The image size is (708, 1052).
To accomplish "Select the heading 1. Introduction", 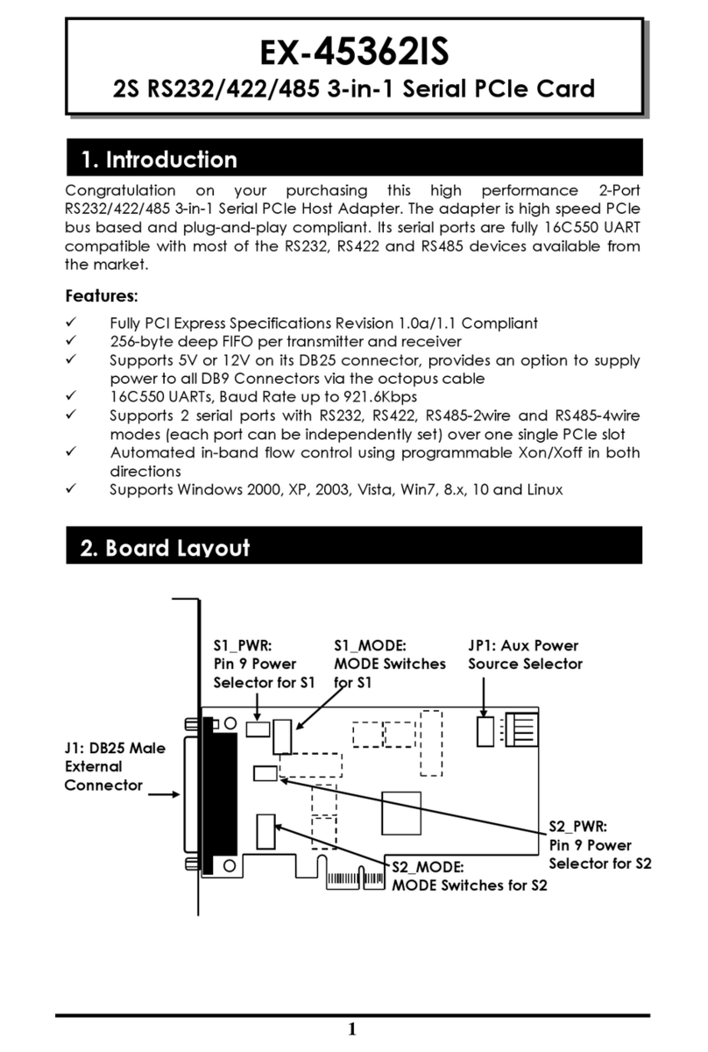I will (159, 160).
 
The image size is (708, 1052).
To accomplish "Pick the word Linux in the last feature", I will (542, 489).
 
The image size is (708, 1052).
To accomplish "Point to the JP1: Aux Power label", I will (523, 646).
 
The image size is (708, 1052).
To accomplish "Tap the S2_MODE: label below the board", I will (428, 866).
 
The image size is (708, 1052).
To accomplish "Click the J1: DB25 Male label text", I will (115, 748).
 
